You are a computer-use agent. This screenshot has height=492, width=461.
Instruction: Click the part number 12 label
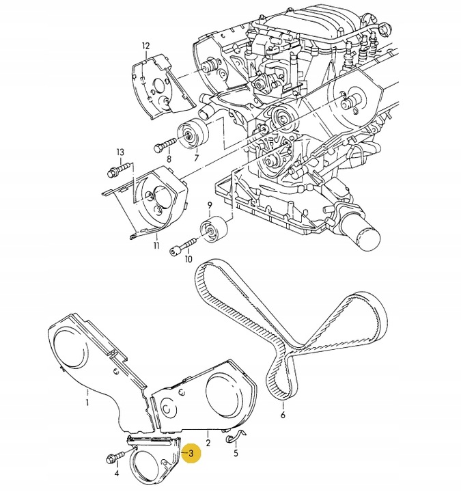click(x=145, y=46)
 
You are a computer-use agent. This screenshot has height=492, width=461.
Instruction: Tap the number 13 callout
click(x=120, y=152)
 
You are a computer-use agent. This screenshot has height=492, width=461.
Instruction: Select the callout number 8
click(x=167, y=159)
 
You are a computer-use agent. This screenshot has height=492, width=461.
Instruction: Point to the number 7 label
click(x=196, y=158)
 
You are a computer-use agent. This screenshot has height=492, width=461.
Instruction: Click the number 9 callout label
click(x=210, y=205)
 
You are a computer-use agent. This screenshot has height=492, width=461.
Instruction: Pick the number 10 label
click(x=188, y=259)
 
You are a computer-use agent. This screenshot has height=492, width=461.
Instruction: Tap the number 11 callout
click(x=156, y=245)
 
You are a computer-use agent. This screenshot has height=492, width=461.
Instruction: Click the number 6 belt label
click(x=283, y=414)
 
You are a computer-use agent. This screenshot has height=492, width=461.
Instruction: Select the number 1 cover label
click(x=87, y=393)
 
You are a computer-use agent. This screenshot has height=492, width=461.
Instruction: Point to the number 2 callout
click(x=207, y=444)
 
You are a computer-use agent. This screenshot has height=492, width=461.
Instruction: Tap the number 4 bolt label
click(x=117, y=473)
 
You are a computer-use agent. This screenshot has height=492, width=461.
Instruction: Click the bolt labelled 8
click(x=165, y=145)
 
